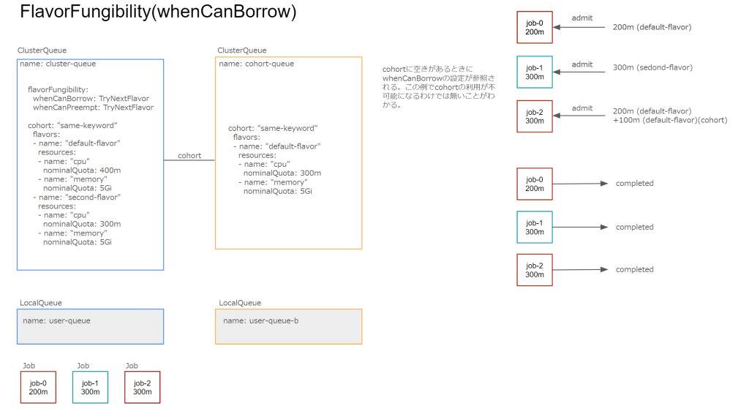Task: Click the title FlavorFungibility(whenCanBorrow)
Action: pyautogui.click(x=158, y=12)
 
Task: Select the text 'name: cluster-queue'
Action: pyautogui.click(x=59, y=64)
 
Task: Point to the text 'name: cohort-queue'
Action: pyautogui.click(x=257, y=64)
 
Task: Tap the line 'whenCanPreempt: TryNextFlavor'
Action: pyautogui.click(x=93, y=107)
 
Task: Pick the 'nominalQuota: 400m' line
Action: pyautogui.click(x=82, y=170)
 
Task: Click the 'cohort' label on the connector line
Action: pyautogui.click(x=189, y=156)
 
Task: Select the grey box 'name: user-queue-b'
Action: pyautogui.click(x=288, y=326)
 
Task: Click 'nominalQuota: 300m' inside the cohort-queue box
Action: pyautogui.click(x=282, y=173)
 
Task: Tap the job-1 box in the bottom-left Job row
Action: pyautogui.click(x=90, y=387)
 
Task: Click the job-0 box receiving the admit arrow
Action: pyautogui.click(x=535, y=28)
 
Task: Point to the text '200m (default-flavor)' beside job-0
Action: pyautogui.click(x=652, y=27)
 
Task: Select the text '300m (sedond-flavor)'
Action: pyautogui.click(x=652, y=67)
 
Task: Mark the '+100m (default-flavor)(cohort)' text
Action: pyautogui.click(x=670, y=120)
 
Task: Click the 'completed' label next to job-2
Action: pyautogui.click(x=634, y=269)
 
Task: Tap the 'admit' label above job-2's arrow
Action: pyautogui.click(x=582, y=108)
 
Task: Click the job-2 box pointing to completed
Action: pyautogui.click(x=535, y=270)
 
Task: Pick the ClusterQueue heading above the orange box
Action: pyautogui.click(x=242, y=50)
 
